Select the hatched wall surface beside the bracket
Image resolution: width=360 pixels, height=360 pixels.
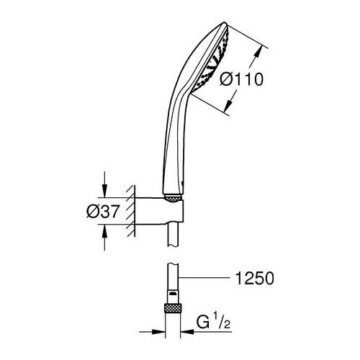130,209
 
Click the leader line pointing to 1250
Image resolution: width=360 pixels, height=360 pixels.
209,277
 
